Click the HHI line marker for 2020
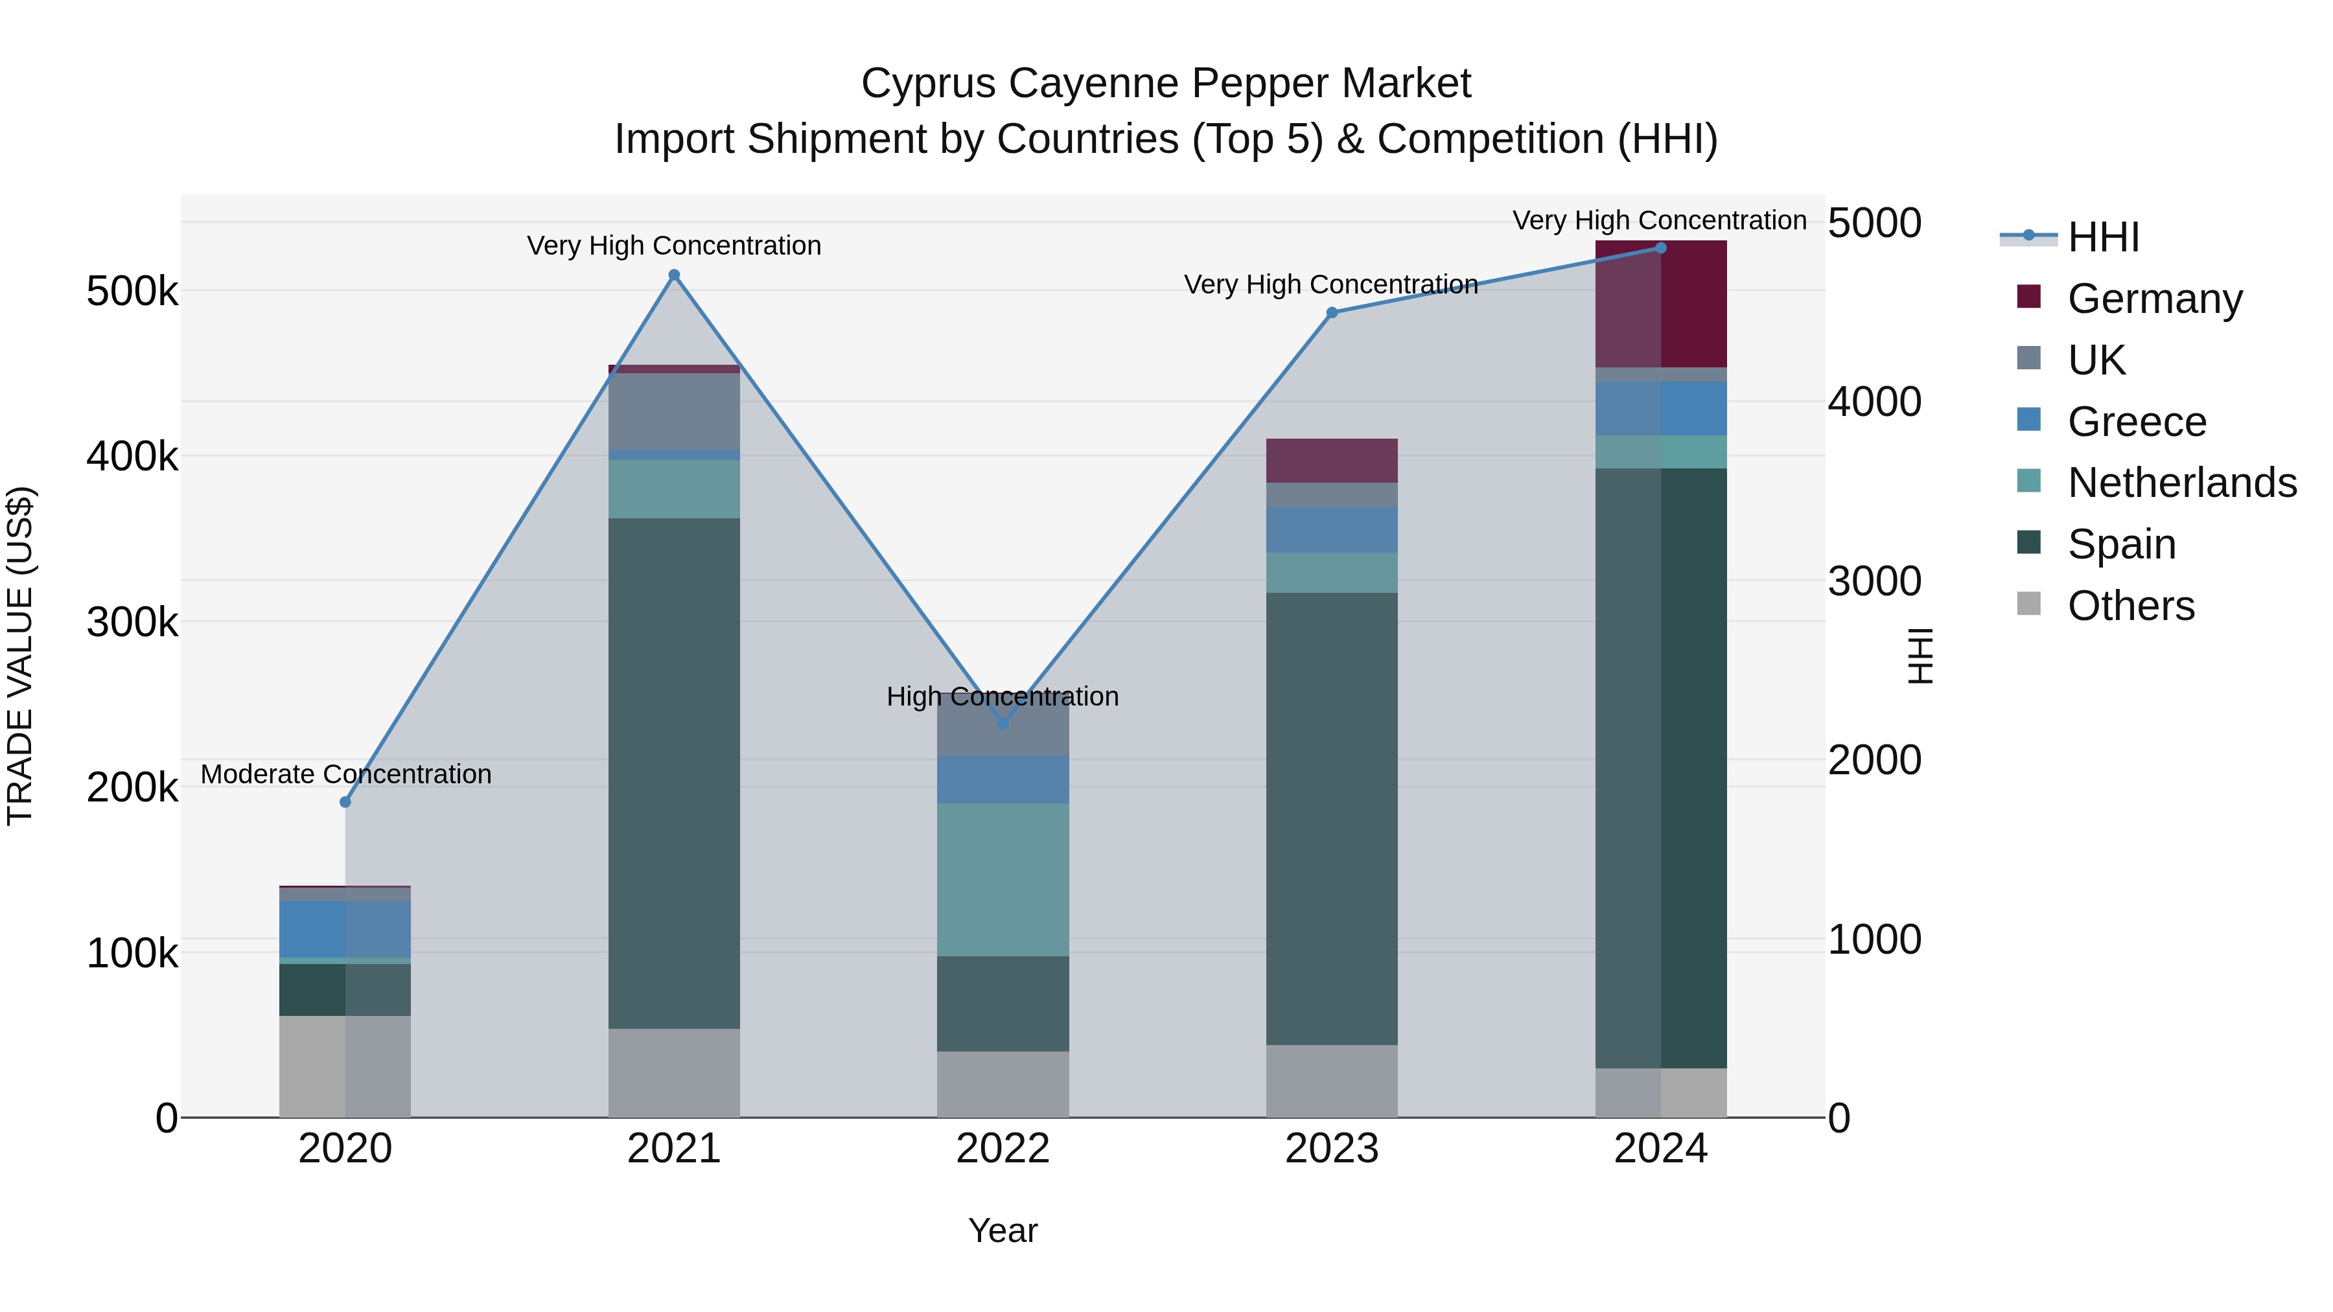(x=345, y=802)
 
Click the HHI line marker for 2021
(x=674, y=275)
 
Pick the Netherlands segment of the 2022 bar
(x=1003, y=879)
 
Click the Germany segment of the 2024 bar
(x=1661, y=305)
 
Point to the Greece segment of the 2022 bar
(x=1003, y=779)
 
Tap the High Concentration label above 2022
(x=1003, y=696)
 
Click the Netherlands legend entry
(x=2181, y=483)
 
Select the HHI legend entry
(x=2103, y=237)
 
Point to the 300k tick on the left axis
(x=132, y=622)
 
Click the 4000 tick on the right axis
(x=1874, y=402)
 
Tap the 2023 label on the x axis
(x=1331, y=1149)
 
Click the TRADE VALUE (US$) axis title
(x=20, y=656)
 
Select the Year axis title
(x=1003, y=1230)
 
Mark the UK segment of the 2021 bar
(x=674, y=411)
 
